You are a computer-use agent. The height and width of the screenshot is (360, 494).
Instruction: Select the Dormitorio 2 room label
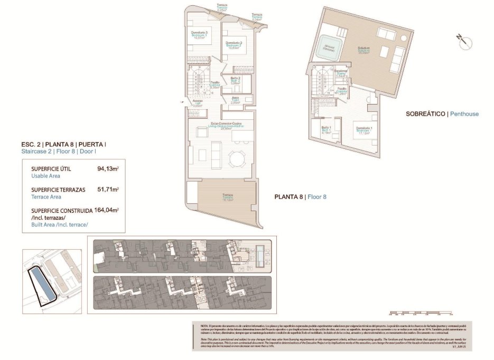[x=234, y=44]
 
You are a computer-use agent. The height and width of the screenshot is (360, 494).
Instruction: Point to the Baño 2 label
[x=236, y=80]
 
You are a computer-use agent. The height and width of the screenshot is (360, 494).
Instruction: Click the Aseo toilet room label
[x=235, y=101]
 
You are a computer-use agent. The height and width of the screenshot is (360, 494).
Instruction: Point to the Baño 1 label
[x=327, y=129]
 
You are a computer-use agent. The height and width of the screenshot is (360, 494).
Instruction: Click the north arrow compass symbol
[x=465, y=41]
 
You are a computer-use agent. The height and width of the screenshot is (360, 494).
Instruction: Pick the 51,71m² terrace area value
[x=108, y=190]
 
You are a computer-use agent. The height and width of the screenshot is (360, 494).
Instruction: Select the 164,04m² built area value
[x=106, y=210]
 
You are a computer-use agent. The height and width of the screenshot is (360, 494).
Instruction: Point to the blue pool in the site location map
[x=41, y=286]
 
